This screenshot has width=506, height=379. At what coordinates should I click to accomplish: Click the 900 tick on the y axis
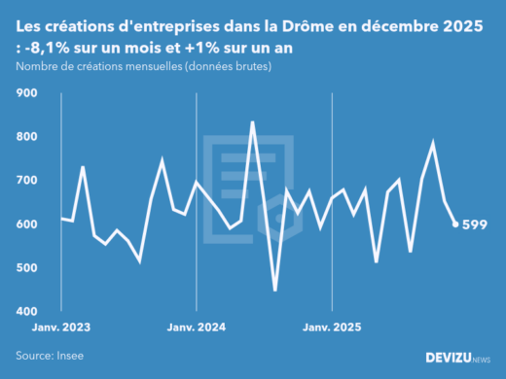[x=26, y=93]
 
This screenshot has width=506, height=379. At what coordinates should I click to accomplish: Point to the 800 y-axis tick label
[x=26, y=137]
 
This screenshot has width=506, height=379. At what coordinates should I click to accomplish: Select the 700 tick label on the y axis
[x=26, y=181]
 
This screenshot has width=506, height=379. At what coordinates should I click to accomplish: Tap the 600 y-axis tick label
[x=26, y=224]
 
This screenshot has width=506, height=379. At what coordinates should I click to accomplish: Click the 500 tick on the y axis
[x=26, y=268]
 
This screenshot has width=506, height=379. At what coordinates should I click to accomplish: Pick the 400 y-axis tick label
[x=26, y=312]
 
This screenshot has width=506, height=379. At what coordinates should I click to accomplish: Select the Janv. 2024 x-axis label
[x=198, y=330]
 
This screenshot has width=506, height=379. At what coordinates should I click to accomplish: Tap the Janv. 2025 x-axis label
[x=334, y=330]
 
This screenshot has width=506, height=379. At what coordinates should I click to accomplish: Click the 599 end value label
[x=475, y=225]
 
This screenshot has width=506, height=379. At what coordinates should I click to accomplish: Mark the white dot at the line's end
[x=455, y=224]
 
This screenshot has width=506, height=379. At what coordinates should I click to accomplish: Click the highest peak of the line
[x=252, y=122]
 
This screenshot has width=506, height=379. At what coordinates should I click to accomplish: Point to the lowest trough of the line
[x=274, y=290]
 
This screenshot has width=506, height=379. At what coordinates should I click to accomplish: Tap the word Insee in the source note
[x=79, y=357]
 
